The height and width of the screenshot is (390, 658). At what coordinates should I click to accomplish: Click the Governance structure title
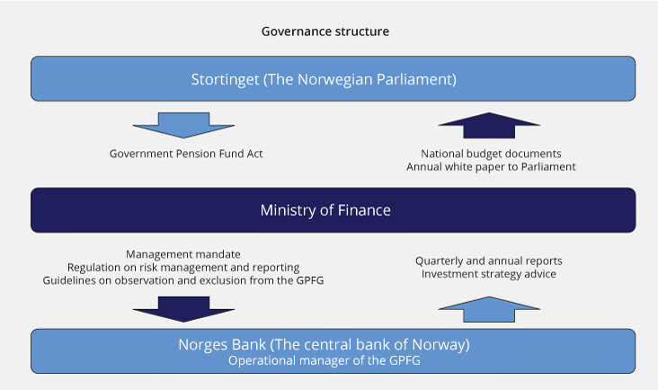pyautogui.click(x=325, y=31)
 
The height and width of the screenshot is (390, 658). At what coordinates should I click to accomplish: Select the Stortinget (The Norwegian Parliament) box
pyautogui.click(x=333, y=78)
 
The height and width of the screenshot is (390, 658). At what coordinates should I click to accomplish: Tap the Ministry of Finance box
pyautogui.click(x=333, y=210)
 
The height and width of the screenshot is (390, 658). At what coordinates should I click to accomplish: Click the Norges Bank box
pyautogui.click(x=333, y=351)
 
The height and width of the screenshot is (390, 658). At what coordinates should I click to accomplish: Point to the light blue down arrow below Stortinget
pyautogui.click(x=183, y=125)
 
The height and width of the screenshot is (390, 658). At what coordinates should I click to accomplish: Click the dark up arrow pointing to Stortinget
pyautogui.click(x=489, y=125)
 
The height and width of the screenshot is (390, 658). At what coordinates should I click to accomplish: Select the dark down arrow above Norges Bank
pyautogui.click(x=183, y=309)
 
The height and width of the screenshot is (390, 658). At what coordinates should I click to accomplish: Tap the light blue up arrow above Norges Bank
pyautogui.click(x=489, y=309)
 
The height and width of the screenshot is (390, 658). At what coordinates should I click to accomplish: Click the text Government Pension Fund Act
pyautogui.click(x=186, y=154)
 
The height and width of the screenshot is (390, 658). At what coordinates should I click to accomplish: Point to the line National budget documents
pyautogui.click(x=491, y=154)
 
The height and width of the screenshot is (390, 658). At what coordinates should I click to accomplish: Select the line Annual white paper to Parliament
pyautogui.click(x=491, y=167)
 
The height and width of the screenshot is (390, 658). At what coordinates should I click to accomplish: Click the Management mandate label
pyautogui.click(x=183, y=254)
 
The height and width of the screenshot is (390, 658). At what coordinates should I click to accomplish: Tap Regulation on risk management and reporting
pyautogui.click(x=183, y=268)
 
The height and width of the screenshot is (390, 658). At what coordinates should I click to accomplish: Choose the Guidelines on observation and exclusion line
pyautogui.click(x=183, y=280)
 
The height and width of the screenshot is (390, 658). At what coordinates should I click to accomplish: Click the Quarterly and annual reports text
pyautogui.click(x=489, y=261)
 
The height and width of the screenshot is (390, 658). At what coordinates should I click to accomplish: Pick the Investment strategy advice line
pyautogui.click(x=489, y=274)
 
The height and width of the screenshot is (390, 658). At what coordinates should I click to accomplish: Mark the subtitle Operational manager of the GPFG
pyautogui.click(x=325, y=360)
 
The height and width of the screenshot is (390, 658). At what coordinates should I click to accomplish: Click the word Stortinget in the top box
pyautogui.click(x=225, y=80)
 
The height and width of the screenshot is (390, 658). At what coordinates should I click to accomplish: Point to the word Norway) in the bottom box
pyautogui.click(x=441, y=345)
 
